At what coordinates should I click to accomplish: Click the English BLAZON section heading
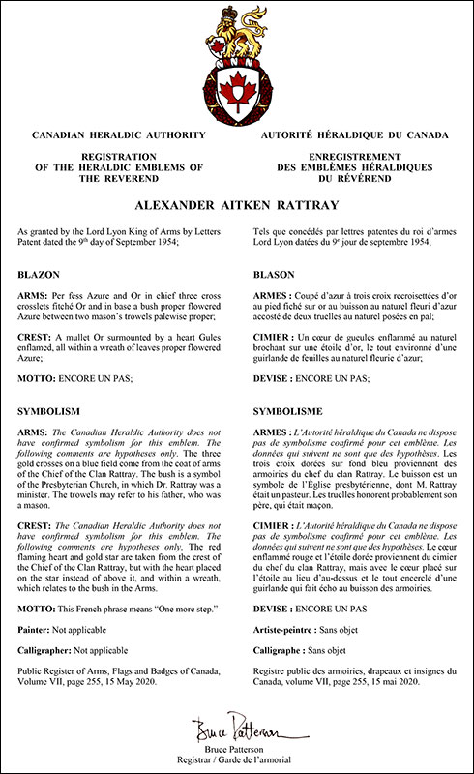click(40, 275)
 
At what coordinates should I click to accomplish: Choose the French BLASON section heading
click(277, 275)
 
